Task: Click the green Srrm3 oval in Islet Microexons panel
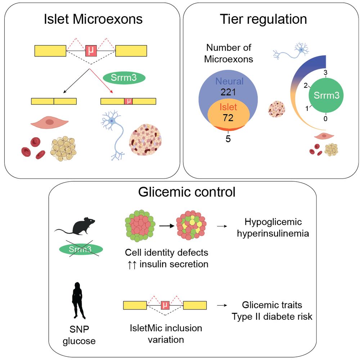(124, 78)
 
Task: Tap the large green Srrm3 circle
(326, 95)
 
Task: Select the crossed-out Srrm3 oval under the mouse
(81, 249)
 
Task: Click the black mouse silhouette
(76, 226)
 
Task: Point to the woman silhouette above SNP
(78, 301)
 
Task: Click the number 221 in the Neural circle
(228, 92)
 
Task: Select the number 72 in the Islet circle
(228, 118)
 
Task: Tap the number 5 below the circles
(228, 139)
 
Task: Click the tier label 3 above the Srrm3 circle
(325, 73)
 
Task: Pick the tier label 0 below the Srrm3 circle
(325, 119)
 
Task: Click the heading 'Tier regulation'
(264, 19)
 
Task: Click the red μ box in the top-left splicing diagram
(91, 51)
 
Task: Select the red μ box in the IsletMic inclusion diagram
(165, 305)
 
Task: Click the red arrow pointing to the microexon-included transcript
(101, 81)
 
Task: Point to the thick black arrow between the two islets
(167, 226)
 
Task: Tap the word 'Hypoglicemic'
(273, 222)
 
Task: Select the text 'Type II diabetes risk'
(272, 316)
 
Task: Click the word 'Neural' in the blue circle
(229, 81)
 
